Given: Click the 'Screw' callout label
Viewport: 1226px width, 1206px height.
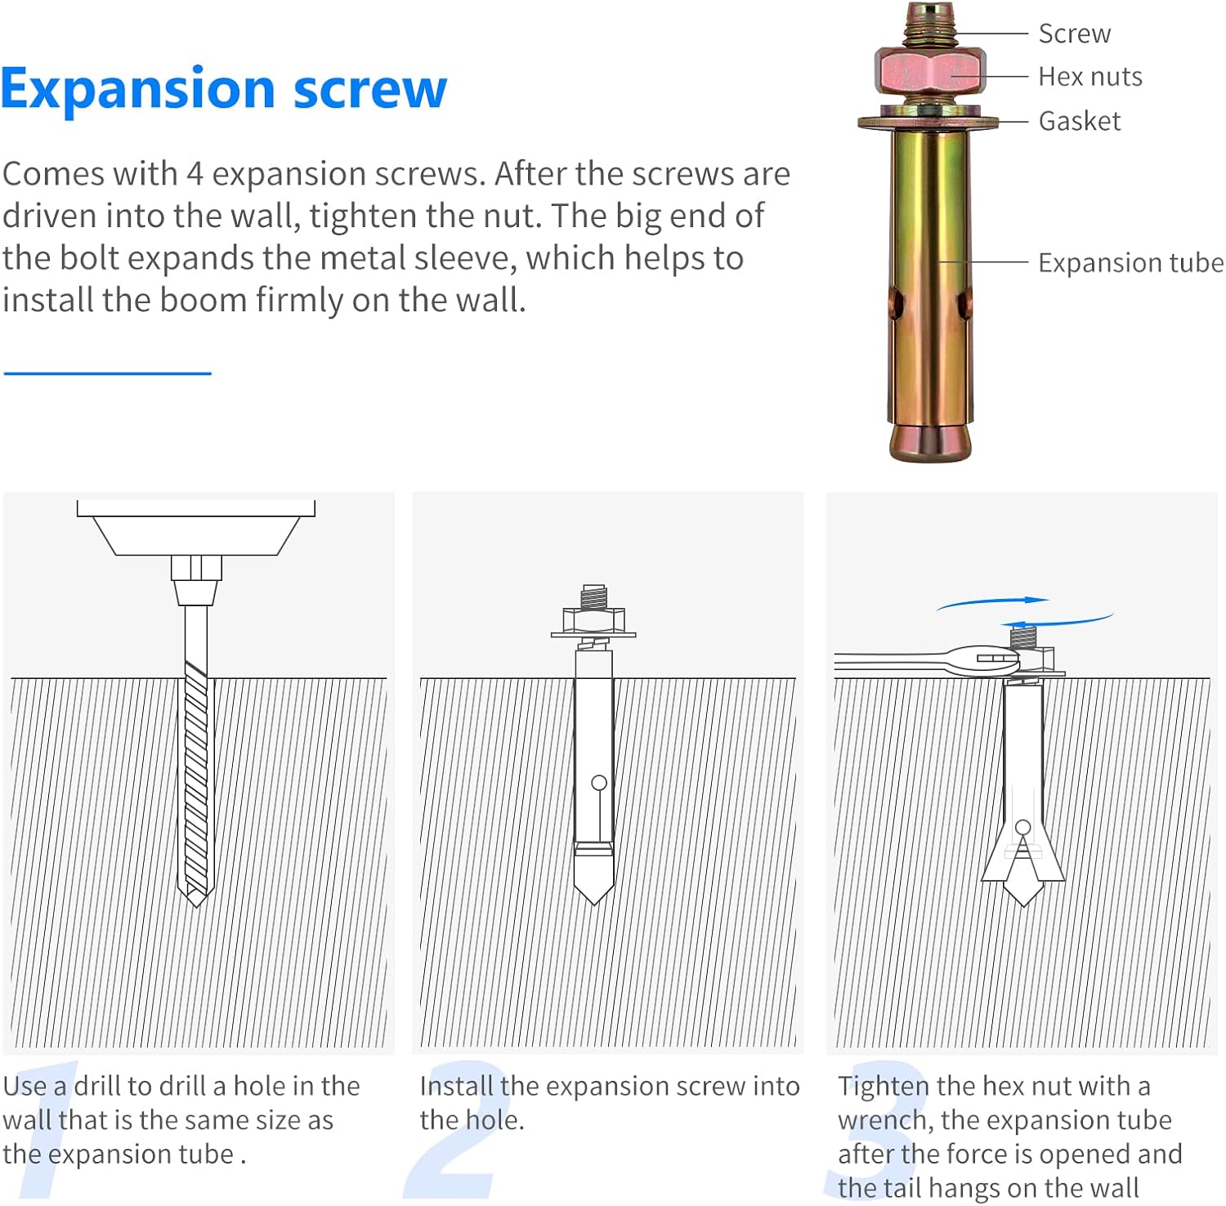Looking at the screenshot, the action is pyautogui.click(x=1074, y=33).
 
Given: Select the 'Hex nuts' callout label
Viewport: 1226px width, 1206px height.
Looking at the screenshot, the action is pyautogui.click(x=1090, y=77).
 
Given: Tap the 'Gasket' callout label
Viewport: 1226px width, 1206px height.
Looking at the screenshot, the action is pyautogui.click(x=1079, y=121).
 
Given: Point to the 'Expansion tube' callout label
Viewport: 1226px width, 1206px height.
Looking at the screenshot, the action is pyautogui.click(x=1130, y=263).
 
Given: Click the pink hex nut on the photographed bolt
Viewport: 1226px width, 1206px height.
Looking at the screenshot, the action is pyautogui.click(x=930, y=73).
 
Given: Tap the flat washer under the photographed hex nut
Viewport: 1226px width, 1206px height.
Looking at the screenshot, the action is pyautogui.click(x=928, y=123).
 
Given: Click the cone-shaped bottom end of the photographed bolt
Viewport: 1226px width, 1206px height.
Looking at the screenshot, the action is pyautogui.click(x=930, y=442).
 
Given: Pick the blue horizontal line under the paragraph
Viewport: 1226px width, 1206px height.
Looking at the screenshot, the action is pyautogui.click(x=107, y=373).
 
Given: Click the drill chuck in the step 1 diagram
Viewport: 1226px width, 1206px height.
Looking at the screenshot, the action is pyautogui.click(x=196, y=579).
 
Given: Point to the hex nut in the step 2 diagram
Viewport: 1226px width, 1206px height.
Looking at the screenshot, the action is pyautogui.click(x=593, y=619).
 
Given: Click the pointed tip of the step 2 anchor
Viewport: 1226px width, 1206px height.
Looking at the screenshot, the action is pyautogui.click(x=594, y=904).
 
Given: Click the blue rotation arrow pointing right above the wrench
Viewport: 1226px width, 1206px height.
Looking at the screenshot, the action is pyautogui.click(x=993, y=603).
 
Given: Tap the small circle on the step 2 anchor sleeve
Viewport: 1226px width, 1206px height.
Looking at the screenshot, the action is pyautogui.click(x=599, y=783).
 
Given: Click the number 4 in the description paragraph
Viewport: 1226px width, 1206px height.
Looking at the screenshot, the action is pyautogui.click(x=194, y=174).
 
